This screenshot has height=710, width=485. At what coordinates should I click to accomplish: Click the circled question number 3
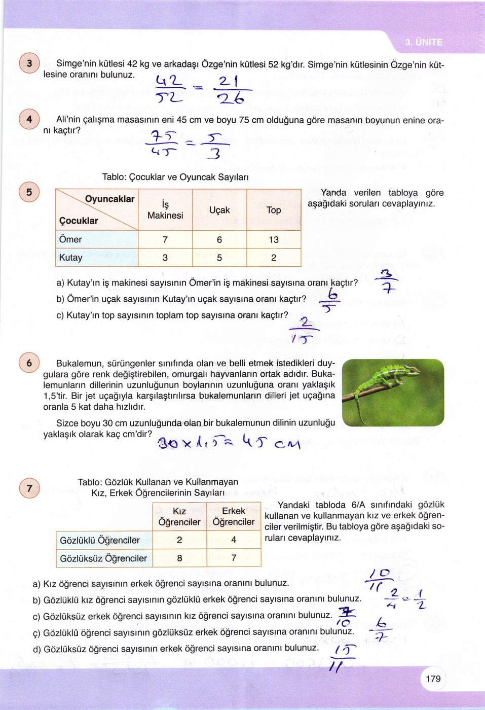tap(29, 63)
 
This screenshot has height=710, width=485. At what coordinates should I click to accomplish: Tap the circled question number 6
tap(29, 363)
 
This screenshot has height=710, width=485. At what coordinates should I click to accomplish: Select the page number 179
tap(433, 679)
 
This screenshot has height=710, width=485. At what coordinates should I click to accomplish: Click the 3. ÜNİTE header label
tap(424, 42)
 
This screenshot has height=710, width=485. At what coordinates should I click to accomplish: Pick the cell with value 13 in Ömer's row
tap(274, 239)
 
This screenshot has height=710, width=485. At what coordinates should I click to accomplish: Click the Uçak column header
tap(219, 210)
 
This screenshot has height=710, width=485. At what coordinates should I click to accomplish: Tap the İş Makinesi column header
tap(165, 210)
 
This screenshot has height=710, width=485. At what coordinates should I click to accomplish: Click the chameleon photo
tap(393, 393)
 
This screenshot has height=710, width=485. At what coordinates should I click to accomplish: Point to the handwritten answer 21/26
tap(231, 90)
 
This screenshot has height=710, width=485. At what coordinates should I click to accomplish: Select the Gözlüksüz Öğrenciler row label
tap(103, 558)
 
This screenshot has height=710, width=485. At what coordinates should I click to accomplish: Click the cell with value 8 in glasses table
tap(179, 558)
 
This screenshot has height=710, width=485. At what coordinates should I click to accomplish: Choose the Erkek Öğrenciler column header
tap(234, 516)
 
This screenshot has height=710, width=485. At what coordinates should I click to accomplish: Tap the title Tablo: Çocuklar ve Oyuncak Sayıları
tap(175, 177)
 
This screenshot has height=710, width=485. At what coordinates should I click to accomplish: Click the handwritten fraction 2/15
tap(305, 330)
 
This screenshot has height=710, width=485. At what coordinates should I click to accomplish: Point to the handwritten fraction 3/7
tap(387, 282)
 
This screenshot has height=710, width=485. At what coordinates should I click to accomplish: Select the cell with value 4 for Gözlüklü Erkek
tap(234, 540)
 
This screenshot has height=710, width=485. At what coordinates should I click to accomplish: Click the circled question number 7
tap(29, 488)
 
